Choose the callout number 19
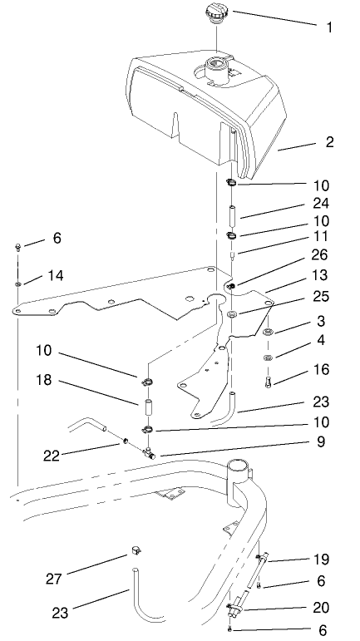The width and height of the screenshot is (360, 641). [x=320, y=561]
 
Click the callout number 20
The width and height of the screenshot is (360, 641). [x=320, y=608]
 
